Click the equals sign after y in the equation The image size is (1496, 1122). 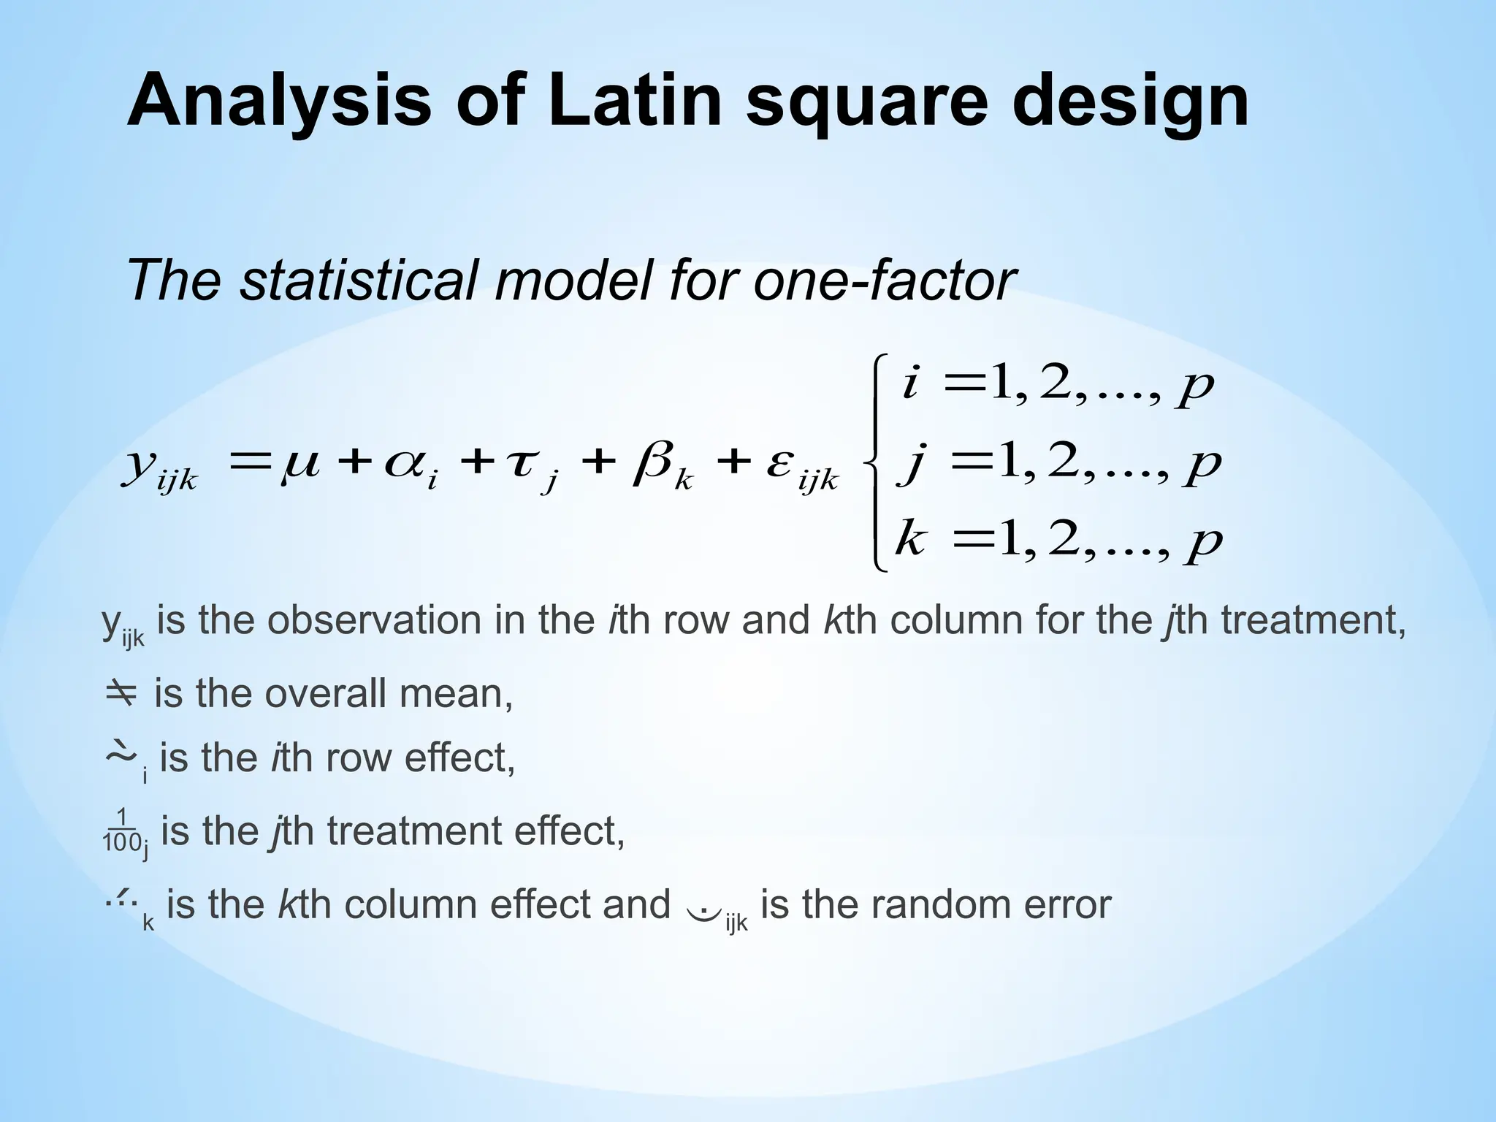coord(245,462)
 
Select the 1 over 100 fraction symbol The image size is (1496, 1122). coord(121,831)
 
